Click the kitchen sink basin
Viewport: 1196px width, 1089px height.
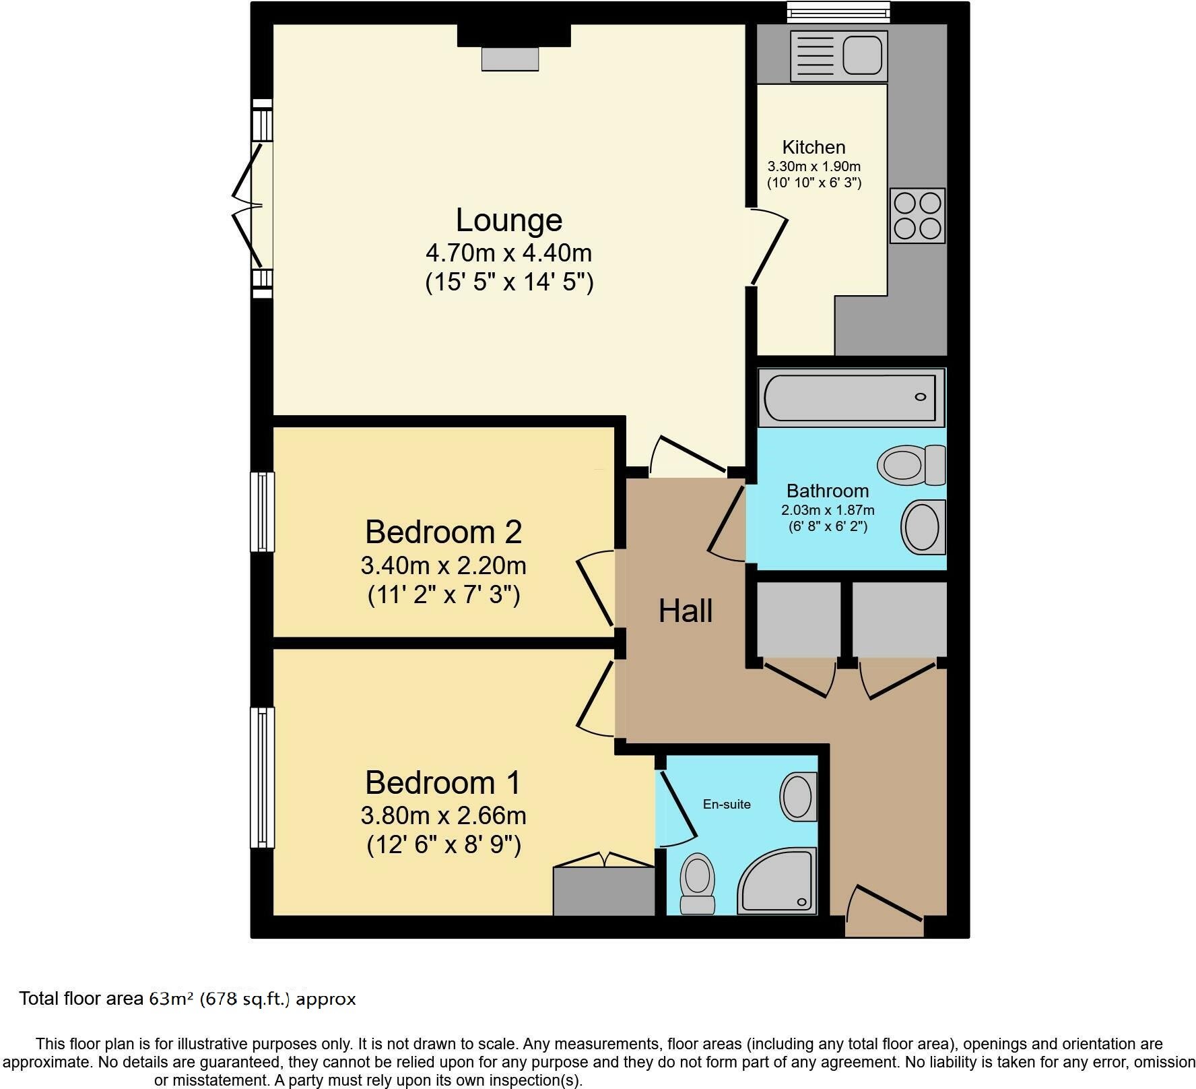pyautogui.click(x=861, y=54)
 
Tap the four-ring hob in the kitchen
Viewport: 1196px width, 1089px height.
pyautogui.click(x=917, y=216)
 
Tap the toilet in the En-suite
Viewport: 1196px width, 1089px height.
pyautogui.click(x=698, y=883)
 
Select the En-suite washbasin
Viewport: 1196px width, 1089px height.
pyautogui.click(x=799, y=797)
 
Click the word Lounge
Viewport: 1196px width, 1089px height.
pyautogui.click(x=508, y=220)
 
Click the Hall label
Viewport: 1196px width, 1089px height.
pyautogui.click(x=685, y=611)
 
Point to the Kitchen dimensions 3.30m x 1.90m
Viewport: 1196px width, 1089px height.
pyautogui.click(x=813, y=166)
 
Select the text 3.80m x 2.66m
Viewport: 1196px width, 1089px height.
pyautogui.click(x=443, y=815)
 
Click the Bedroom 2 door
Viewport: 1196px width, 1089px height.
pyautogui.click(x=595, y=588)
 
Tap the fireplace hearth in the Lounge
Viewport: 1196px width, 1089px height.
pyautogui.click(x=510, y=59)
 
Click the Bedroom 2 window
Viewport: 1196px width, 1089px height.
pyautogui.click(x=262, y=512)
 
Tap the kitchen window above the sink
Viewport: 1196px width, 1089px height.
pyautogui.click(x=839, y=10)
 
